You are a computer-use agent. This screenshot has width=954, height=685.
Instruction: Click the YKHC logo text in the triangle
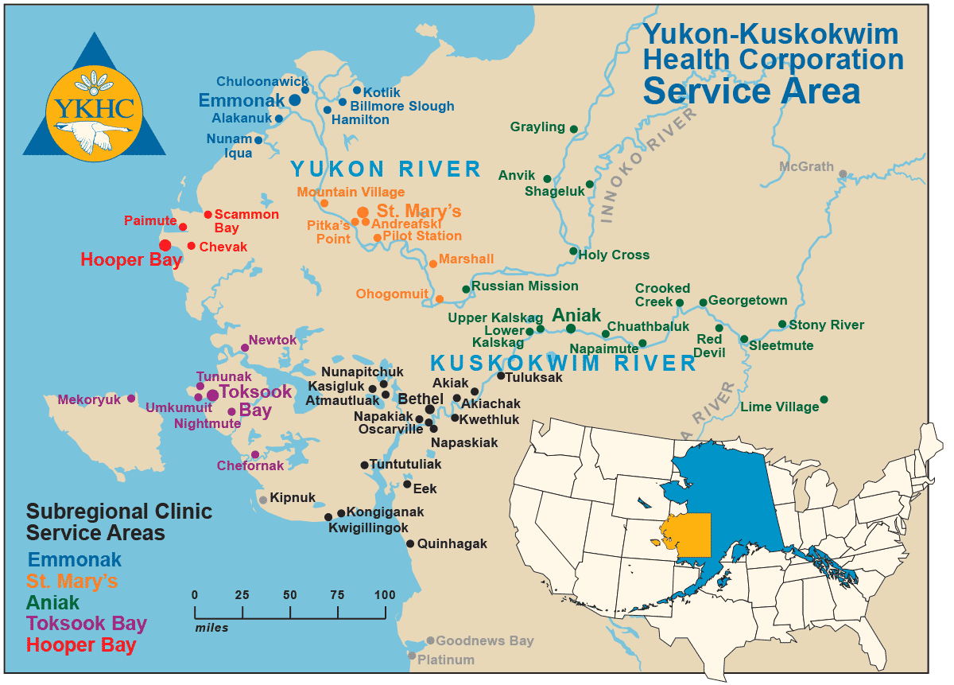tap(95, 108)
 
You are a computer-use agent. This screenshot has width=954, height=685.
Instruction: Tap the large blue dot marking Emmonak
tap(294, 99)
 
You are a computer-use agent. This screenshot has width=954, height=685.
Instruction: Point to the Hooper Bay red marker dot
tap(165, 245)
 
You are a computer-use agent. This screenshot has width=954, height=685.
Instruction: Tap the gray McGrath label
tap(806, 167)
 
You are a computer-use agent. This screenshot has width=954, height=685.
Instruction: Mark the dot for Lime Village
tap(824, 399)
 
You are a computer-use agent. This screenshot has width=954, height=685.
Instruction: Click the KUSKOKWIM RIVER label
tap(563, 364)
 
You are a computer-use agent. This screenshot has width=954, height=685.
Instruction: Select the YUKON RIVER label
tap(386, 169)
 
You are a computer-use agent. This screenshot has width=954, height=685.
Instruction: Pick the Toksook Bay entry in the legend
tap(87, 624)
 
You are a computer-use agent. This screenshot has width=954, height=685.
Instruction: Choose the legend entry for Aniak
tap(53, 602)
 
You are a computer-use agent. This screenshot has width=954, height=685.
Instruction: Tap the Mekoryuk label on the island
tap(88, 399)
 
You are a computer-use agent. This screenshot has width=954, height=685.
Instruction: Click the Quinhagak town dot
tap(410, 544)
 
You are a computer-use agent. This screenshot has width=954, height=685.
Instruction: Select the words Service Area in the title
tap(751, 91)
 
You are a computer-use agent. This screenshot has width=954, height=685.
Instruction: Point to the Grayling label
tap(537, 127)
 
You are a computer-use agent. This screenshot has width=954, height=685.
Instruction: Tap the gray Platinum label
tap(446, 660)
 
